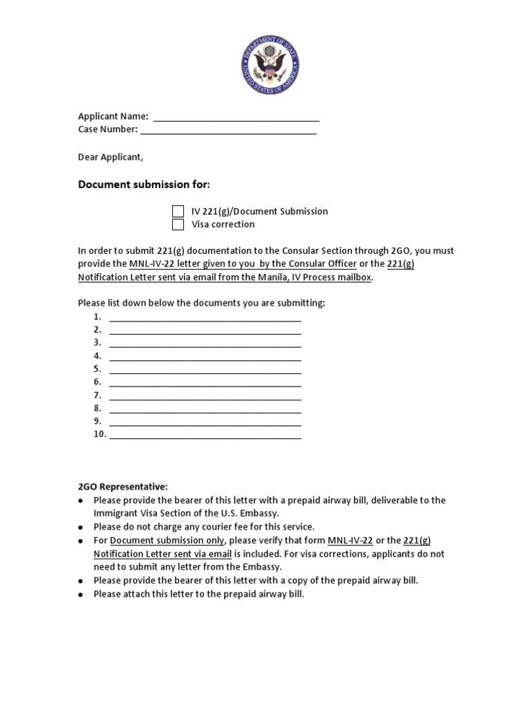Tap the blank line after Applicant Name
(236, 117)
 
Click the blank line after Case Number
(228, 130)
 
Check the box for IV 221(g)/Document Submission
(178, 212)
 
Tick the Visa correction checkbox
(178, 225)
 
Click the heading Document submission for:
(143, 185)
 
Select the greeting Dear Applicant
(111, 157)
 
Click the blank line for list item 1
(205, 317)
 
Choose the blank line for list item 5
(205, 369)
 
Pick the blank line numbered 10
(205, 435)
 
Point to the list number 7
(97, 395)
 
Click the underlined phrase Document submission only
(167, 540)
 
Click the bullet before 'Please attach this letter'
(81, 595)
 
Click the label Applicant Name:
(113, 116)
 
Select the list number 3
(97, 343)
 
